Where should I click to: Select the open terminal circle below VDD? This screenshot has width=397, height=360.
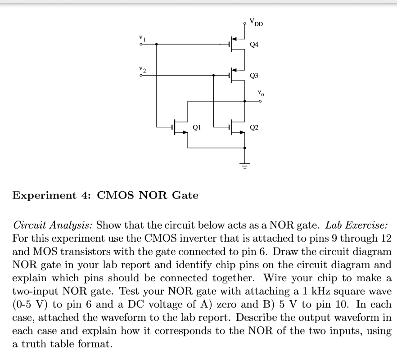[x=245, y=21]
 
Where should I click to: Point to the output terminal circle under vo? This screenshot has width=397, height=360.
[x=260, y=101]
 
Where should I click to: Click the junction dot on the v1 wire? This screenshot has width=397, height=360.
[x=156, y=45]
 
